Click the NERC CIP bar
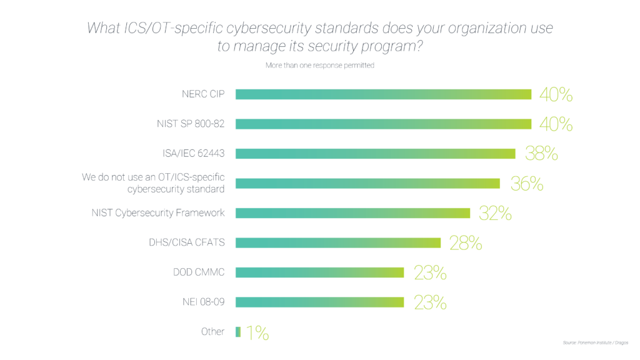(x=383, y=94)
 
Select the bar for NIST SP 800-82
(x=383, y=124)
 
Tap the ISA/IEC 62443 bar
(x=375, y=154)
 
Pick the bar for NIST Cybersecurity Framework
(x=352, y=213)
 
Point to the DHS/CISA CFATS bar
(x=338, y=242)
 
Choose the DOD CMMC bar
(x=319, y=272)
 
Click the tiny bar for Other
(x=237, y=332)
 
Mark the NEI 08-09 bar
(x=319, y=302)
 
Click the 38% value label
(x=541, y=154)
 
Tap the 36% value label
(x=526, y=184)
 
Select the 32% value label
(x=495, y=213)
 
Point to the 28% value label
(x=466, y=243)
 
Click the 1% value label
(x=257, y=332)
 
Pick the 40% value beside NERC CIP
(x=556, y=94)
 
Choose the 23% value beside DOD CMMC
(x=430, y=272)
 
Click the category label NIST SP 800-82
(x=190, y=124)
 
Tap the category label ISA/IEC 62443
(x=193, y=154)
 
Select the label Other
(x=212, y=332)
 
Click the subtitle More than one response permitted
(x=320, y=65)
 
